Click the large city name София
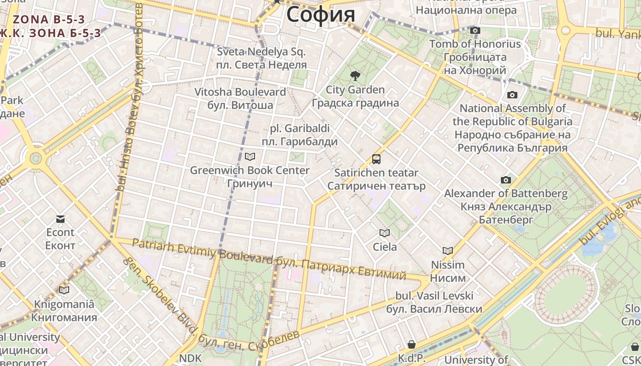tap(320, 14)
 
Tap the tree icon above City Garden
tap(355, 76)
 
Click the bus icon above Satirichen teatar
tap(376, 159)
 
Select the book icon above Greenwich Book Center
tap(250, 157)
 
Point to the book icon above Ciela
tap(385, 233)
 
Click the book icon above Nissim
tap(448, 251)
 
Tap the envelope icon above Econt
tap(60, 219)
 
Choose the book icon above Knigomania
tap(64, 290)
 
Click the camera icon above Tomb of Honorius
tap(475, 31)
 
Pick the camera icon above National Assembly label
tap(512, 95)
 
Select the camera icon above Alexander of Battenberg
tap(505, 180)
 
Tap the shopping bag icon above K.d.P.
tap(412, 344)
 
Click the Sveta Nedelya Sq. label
tap(261, 52)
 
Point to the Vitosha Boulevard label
tap(240, 92)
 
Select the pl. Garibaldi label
tap(299, 129)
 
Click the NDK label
tap(190, 358)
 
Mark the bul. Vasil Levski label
tap(434, 296)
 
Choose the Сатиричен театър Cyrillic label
tap(376, 186)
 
